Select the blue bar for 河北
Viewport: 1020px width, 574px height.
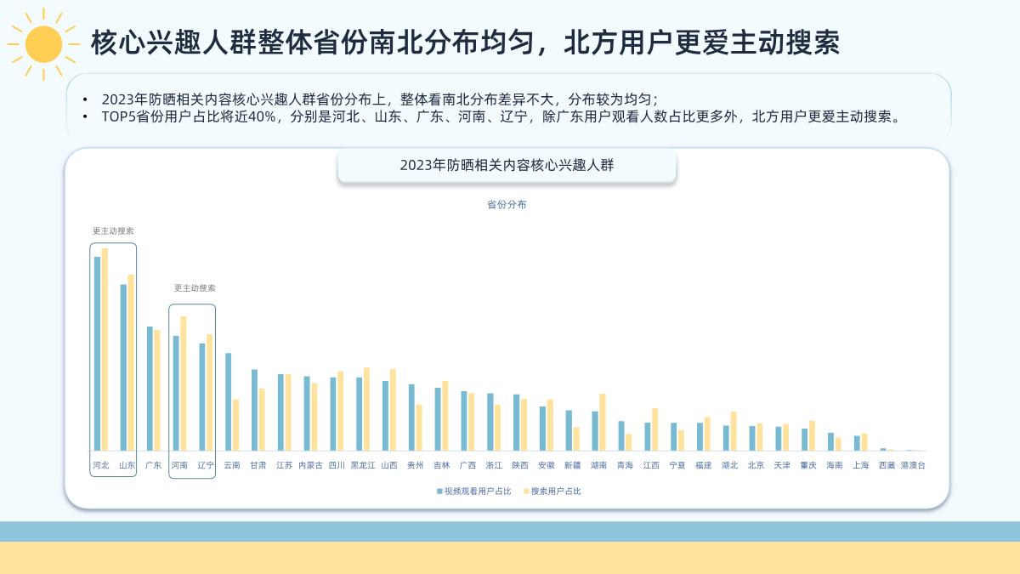[97, 353]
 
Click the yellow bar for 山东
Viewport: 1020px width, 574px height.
[131, 362]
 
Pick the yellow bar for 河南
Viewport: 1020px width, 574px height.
[183, 384]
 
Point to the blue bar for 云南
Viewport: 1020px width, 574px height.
[228, 401]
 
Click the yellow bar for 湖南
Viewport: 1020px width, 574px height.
[603, 422]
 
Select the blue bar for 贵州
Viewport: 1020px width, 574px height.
[411, 417]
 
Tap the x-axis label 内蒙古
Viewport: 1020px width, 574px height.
[310, 465]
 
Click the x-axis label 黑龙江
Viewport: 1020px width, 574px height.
[363, 465]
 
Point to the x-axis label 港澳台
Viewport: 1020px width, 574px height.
[913, 465]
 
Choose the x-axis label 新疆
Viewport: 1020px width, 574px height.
[572, 465]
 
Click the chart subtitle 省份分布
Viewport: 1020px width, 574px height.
[507, 205]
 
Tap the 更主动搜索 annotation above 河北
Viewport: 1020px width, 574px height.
[113, 230]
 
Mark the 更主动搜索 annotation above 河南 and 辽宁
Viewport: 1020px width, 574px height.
[195, 288]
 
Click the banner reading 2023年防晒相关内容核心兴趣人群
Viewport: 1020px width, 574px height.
[507, 166]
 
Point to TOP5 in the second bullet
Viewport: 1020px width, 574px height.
[117, 117]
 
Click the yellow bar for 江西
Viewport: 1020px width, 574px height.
[654, 429]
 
